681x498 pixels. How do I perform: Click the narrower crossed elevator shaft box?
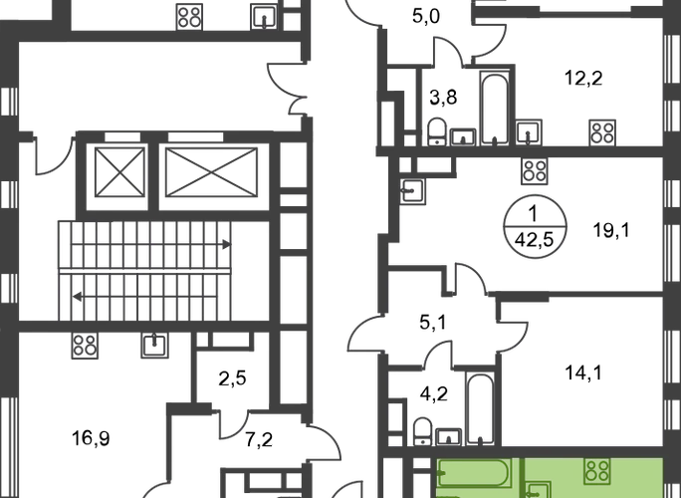pyautogui.click(x=117, y=171)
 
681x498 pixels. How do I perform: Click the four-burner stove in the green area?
pyautogui.click(x=597, y=471)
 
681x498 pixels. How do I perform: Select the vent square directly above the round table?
pyautogui.click(x=535, y=172)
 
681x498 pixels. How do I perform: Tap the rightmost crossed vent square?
pyautogui.click(x=600, y=130)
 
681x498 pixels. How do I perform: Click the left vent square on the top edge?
pyautogui.click(x=188, y=15)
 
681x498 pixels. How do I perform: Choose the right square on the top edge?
pyautogui.click(x=261, y=16)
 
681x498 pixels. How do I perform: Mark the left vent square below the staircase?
pyautogui.click(x=86, y=347)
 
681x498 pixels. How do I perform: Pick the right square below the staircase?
pyautogui.click(x=154, y=346)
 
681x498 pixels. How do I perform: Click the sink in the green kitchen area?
pyautogui.click(x=538, y=489)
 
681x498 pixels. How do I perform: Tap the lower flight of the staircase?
pyautogui.click(x=149, y=296)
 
